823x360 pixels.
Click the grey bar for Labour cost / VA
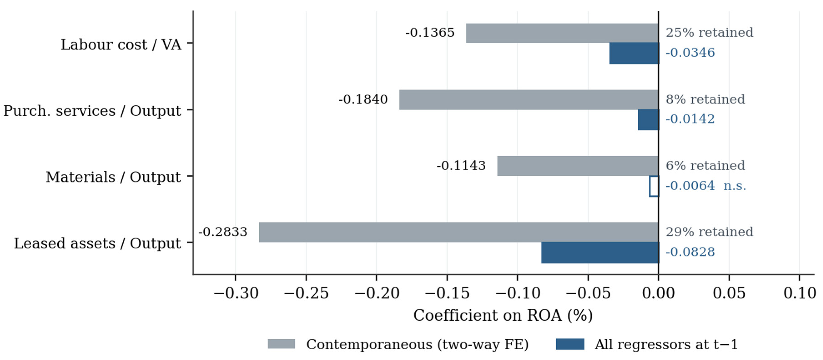pos(562,33)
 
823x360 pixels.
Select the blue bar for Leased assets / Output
pos(600,252)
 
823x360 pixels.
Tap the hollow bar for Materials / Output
pos(654,186)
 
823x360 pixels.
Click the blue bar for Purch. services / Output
pos(648,120)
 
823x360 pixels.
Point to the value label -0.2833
pos(223,232)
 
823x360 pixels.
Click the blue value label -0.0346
pos(690,53)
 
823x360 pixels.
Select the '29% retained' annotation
pos(709,232)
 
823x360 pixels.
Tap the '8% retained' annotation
pos(705,99)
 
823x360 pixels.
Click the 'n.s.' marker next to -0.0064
pos(735,186)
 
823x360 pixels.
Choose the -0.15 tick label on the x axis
pos(447,293)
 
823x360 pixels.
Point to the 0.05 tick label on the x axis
pos(729,293)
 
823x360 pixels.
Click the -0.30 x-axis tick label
pos(236,293)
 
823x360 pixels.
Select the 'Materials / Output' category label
pos(113,177)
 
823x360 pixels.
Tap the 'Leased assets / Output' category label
pos(98,243)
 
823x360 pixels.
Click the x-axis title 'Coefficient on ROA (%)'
pos(503,316)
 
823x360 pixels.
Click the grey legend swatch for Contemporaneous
pos(281,344)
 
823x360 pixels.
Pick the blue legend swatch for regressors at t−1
pos(570,344)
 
